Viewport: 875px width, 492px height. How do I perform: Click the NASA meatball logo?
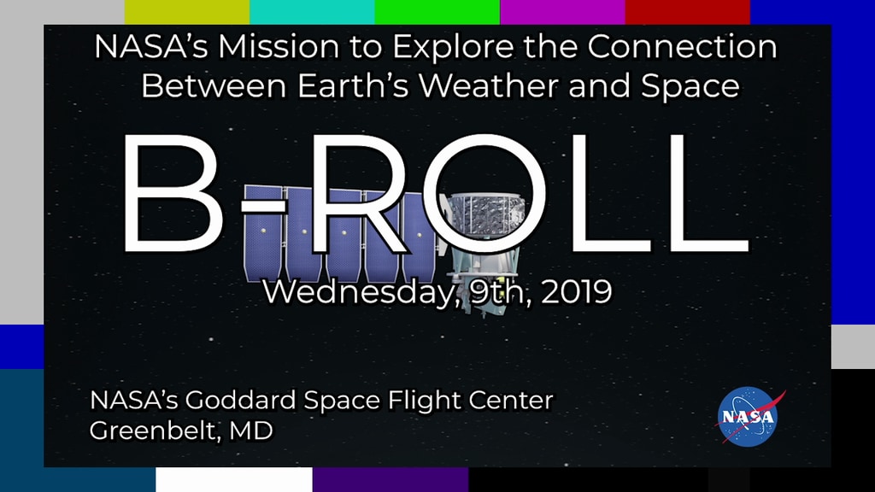pyautogui.click(x=748, y=417)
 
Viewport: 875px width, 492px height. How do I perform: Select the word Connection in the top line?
pyautogui.click(x=682, y=46)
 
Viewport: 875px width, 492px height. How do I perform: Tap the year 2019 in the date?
pyautogui.click(x=577, y=291)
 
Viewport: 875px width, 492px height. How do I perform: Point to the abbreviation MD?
pyautogui.click(x=250, y=430)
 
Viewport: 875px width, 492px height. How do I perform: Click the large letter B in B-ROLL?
pyautogui.click(x=172, y=194)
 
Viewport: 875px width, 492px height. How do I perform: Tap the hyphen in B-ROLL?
pyautogui.click(x=263, y=205)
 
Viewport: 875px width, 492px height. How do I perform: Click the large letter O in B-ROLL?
pyautogui.click(x=484, y=194)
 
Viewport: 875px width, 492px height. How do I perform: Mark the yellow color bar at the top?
pyautogui.click(x=187, y=12)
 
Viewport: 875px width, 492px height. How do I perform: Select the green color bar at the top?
pyautogui.click(x=437, y=12)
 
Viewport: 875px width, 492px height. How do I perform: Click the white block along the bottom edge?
pyautogui.click(x=234, y=480)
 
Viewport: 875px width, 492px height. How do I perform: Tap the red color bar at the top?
pyautogui.click(x=688, y=12)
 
